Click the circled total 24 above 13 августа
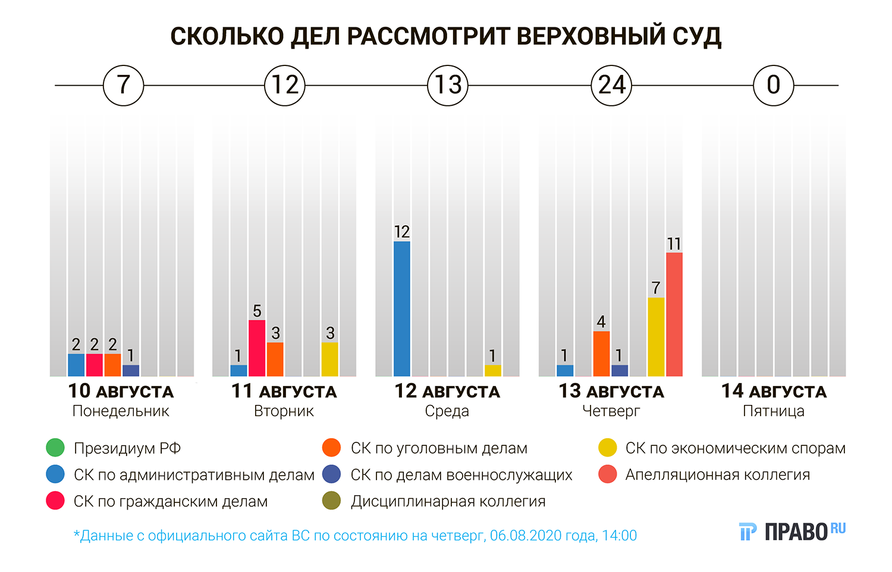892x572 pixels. point(611,85)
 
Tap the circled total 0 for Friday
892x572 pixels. point(773,85)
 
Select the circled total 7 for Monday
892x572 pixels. point(123,85)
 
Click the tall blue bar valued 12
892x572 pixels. point(402,309)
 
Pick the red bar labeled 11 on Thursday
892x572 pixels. point(674,315)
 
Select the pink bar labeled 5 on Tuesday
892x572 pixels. point(257,348)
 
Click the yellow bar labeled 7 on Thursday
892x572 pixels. point(656,337)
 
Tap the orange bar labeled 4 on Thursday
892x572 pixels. point(601,354)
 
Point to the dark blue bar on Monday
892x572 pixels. point(131,370)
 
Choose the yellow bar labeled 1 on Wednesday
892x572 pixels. point(492,370)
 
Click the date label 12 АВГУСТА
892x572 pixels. point(447,391)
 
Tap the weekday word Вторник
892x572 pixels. point(284,411)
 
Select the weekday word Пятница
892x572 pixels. point(773,411)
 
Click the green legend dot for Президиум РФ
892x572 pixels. point(55,448)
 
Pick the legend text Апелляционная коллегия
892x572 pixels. point(717,474)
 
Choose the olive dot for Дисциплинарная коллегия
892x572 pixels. point(331,501)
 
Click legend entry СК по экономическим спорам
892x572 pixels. point(735,448)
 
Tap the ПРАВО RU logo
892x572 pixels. point(792,531)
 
